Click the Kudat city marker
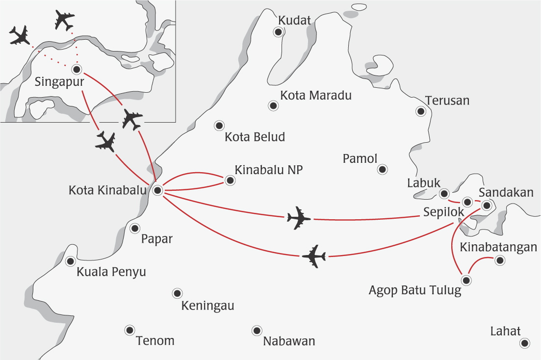pyautogui.click(x=279, y=32)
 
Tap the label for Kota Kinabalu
pyautogui.click(x=107, y=189)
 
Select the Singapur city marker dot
pyautogui.click(x=76, y=69)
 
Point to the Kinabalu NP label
pyautogui.click(x=269, y=170)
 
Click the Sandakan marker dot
pyautogui.click(x=486, y=206)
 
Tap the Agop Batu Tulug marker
pyautogui.click(x=466, y=281)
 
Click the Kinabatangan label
pyautogui.click(x=498, y=247)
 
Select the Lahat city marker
pyautogui.click(x=525, y=343)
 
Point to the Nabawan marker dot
pyautogui.click(x=256, y=331)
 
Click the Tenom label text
pyautogui.click(x=155, y=341)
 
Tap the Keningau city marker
pyautogui.click(x=177, y=293)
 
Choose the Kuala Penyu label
pyautogui.click(x=111, y=272)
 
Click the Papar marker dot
pyautogui.click(x=135, y=228)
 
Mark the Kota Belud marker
pyautogui.click(x=219, y=126)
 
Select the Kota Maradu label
pyautogui.click(x=316, y=96)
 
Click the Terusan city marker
pyautogui.click(x=420, y=111)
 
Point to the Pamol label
pyautogui.click(x=360, y=159)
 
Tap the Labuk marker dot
pyautogui.click(x=444, y=193)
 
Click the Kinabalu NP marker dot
pyautogui.click(x=230, y=180)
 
